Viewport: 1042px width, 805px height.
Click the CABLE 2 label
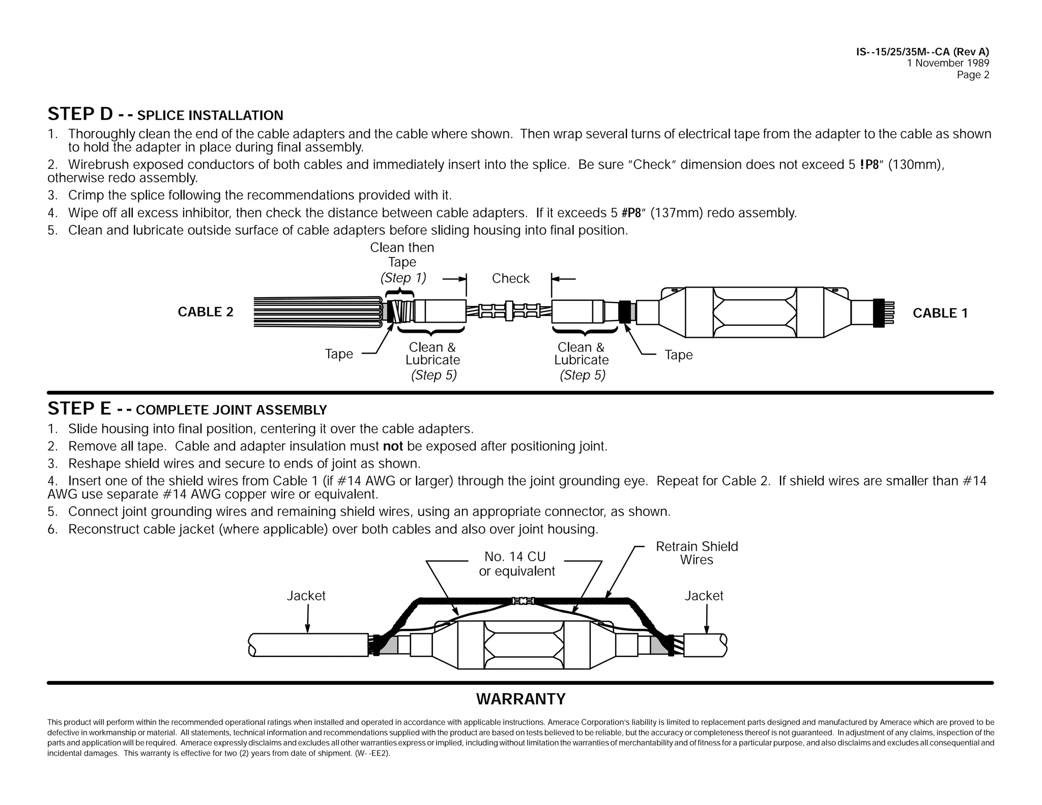tap(206, 312)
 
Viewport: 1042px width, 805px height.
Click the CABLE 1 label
tap(940, 313)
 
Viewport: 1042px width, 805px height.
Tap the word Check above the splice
tap(510, 278)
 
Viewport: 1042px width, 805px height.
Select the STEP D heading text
tap(165, 114)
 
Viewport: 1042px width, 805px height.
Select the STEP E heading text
tap(187, 409)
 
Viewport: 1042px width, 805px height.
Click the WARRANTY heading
tap(520, 699)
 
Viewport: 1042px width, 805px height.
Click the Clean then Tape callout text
tap(402, 255)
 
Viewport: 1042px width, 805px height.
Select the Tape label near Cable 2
tap(339, 354)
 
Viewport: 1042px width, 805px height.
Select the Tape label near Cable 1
tap(678, 355)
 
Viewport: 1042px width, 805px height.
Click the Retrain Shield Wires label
tap(697, 553)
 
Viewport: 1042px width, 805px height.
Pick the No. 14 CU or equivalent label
tap(516, 564)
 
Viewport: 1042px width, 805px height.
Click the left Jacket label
tap(306, 596)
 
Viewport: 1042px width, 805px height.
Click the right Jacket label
tap(703, 596)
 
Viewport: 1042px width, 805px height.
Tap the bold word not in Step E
tap(393, 446)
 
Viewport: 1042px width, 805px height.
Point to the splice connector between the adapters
tap(509, 310)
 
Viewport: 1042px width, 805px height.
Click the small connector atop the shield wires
tap(523, 601)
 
